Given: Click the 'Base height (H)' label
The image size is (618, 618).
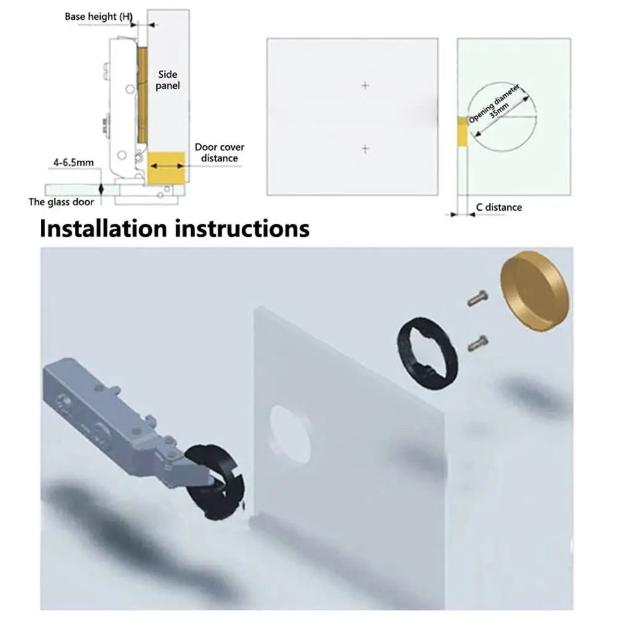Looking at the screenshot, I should tap(99, 17).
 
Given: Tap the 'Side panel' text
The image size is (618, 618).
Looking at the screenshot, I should tap(167, 79).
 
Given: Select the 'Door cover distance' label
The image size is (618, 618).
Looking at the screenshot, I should tap(219, 153).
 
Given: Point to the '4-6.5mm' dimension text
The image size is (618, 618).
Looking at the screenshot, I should tap(73, 163).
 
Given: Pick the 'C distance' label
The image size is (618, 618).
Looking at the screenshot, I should tap(499, 207).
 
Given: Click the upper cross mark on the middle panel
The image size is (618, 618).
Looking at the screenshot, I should tap(365, 85).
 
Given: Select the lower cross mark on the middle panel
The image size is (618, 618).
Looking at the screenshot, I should tap(365, 148).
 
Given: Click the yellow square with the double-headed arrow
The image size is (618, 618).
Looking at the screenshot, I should tap(167, 167).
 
